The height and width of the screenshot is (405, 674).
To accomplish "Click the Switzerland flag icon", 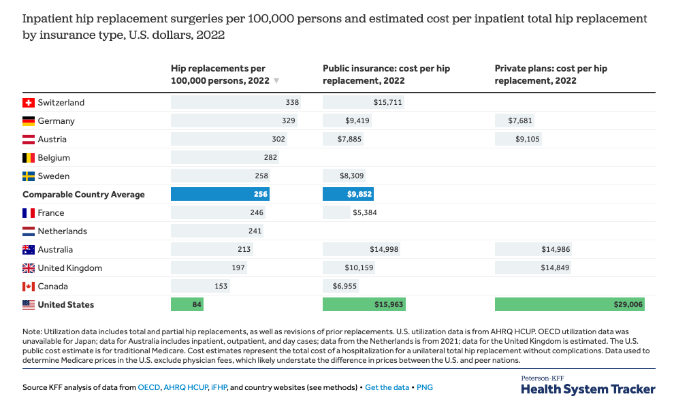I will point(29,103).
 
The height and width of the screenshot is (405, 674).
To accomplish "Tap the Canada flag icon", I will point(29,287).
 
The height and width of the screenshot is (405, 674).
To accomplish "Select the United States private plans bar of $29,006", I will point(569,304).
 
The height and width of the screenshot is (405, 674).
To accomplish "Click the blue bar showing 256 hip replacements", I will point(221,194).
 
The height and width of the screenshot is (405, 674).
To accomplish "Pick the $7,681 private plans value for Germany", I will point(520,121).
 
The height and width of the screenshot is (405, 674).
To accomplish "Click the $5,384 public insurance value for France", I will point(365,213).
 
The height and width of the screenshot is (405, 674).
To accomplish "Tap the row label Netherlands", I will point(62,231).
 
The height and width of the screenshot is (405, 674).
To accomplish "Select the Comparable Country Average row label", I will point(84,195).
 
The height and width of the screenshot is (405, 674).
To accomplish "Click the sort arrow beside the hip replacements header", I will point(276,81).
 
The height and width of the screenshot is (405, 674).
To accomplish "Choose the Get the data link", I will point(387,387).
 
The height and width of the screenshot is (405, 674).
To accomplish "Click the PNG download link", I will point(425,387).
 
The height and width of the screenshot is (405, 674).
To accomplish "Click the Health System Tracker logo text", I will point(588,389).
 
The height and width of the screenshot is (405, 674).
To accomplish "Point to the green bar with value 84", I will point(187,304).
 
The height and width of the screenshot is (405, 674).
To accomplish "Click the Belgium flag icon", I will point(29,158).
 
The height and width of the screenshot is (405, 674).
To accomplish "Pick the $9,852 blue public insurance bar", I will point(348,194).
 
